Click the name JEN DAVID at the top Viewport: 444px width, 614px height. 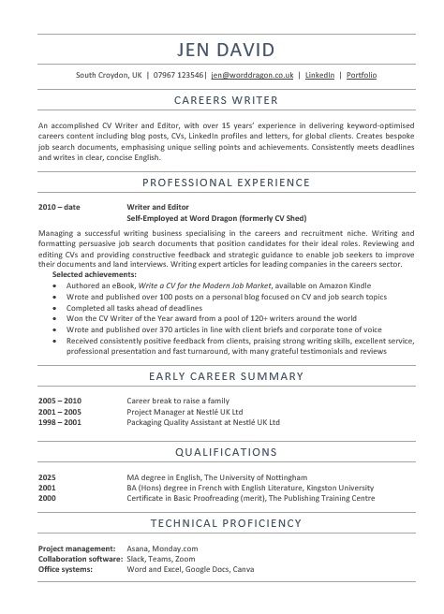click(x=222, y=49)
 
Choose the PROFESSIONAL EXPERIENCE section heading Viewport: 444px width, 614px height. click(x=222, y=182)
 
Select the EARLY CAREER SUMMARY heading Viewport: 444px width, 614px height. click(x=222, y=377)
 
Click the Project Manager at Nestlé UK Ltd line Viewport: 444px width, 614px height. click(x=185, y=410)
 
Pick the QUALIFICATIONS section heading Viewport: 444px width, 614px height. click(x=222, y=452)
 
